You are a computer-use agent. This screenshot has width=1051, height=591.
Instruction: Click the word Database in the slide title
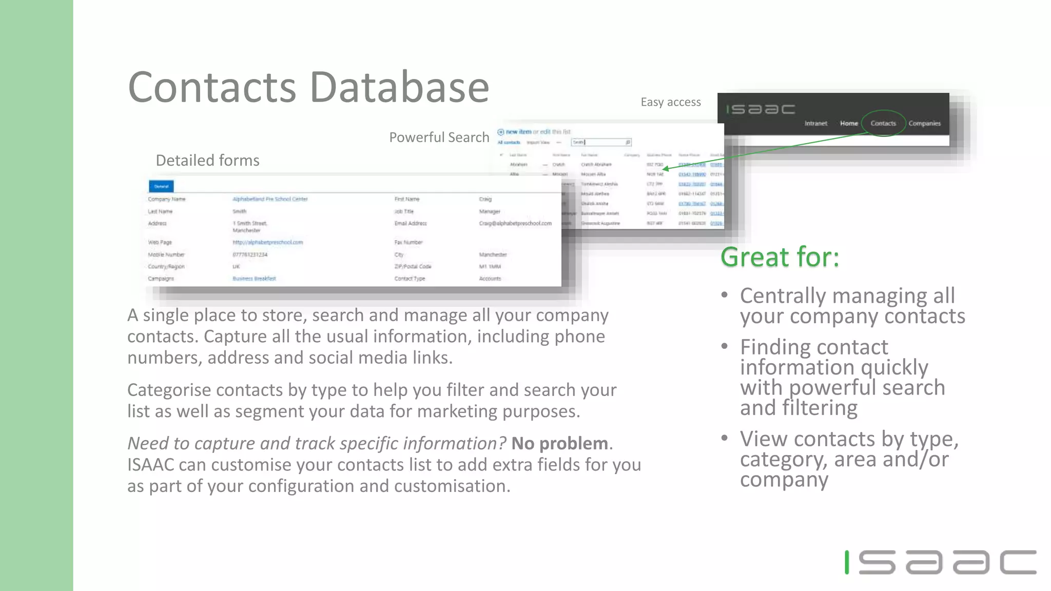pos(399,87)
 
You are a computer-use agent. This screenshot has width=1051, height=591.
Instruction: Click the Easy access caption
pos(670,102)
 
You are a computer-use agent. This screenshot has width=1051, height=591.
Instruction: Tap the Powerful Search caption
pos(439,137)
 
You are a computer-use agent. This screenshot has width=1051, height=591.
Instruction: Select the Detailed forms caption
pos(207,161)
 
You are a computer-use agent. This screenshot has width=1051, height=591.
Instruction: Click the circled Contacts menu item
pos(883,123)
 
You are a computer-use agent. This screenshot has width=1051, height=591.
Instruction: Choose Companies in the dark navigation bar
pos(924,123)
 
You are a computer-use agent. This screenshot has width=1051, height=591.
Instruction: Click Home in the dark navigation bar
pos(849,123)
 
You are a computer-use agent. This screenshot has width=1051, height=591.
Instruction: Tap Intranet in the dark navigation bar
pos(815,123)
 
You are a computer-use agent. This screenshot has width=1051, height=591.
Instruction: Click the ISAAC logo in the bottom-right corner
pos(940,562)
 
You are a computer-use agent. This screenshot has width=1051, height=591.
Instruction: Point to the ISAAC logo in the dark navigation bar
pos(760,109)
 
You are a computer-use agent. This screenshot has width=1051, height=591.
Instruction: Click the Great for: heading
pos(780,257)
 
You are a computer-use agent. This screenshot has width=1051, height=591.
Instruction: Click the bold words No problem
pos(560,443)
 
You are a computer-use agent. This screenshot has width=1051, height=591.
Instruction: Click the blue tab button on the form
pos(161,186)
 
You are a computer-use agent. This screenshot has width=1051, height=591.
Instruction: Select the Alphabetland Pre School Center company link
pos(270,199)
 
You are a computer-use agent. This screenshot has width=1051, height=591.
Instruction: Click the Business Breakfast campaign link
pos(254,279)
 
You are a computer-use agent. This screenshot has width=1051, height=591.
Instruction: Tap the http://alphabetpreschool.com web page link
pos(267,242)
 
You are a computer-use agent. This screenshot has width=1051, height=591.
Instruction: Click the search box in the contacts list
pos(600,142)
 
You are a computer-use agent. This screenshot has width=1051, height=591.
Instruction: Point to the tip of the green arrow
pos(664,169)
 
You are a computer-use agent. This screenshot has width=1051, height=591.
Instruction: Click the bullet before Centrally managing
pos(724,295)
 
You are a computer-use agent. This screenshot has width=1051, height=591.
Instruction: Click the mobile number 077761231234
pos(250,254)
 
